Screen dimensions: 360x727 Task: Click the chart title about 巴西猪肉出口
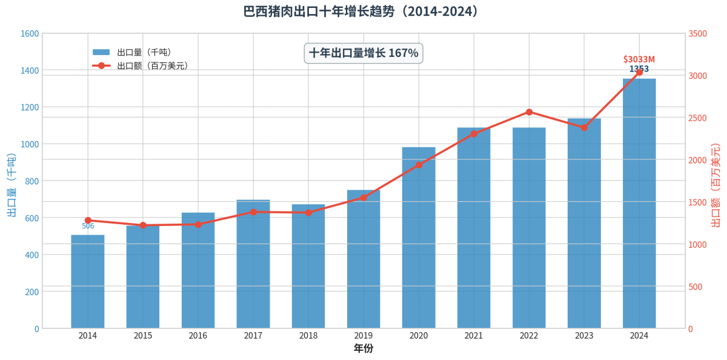(363, 12)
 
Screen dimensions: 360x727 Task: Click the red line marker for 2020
(419, 165)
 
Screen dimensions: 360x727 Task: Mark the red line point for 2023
(584, 127)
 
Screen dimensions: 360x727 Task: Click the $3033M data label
(639, 59)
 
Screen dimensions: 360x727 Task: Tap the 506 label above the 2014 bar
(88, 226)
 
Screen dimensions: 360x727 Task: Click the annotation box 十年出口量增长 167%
(363, 53)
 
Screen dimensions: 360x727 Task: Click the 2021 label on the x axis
(474, 336)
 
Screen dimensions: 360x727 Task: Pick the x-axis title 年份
(363, 348)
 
